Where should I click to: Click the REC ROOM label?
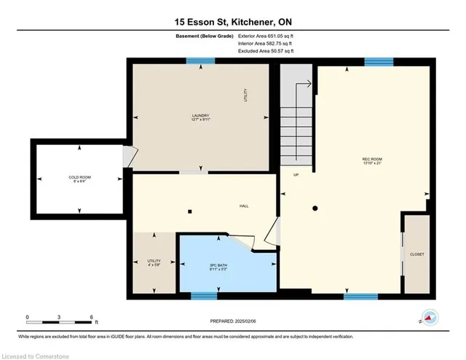[x=372, y=163]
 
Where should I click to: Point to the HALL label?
[x=245, y=206]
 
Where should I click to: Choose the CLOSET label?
[x=416, y=254]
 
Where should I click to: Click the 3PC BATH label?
[x=218, y=266]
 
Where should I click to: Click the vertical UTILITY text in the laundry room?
[x=245, y=95]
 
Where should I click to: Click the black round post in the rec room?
[x=315, y=209]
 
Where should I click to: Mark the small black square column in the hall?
[x=189, y=212]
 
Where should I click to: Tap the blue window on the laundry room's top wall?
[x=194, y=62]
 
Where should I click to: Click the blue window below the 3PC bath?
[x=204, y=296]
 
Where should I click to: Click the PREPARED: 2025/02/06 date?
[x=233, y=321]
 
